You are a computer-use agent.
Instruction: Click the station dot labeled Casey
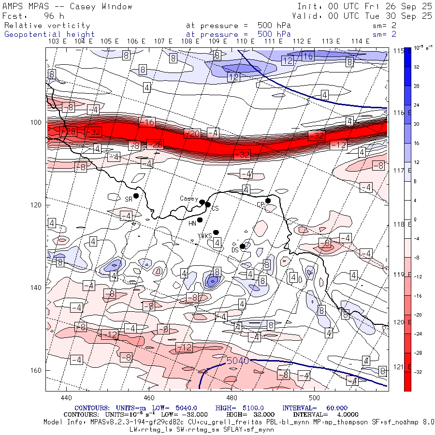202,202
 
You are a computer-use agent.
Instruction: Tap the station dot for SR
136,196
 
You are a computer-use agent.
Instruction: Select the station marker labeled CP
268,201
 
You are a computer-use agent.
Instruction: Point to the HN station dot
200,220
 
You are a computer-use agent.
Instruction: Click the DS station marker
242,246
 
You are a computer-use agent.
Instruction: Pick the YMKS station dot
216,232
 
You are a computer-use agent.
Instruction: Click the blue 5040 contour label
237,361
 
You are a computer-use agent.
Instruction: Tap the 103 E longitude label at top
58,41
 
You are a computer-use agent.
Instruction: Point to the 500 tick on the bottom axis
314,398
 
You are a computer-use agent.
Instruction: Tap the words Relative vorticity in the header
47,25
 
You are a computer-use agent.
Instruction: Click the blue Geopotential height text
49,34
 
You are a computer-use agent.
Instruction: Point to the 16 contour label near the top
308,57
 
